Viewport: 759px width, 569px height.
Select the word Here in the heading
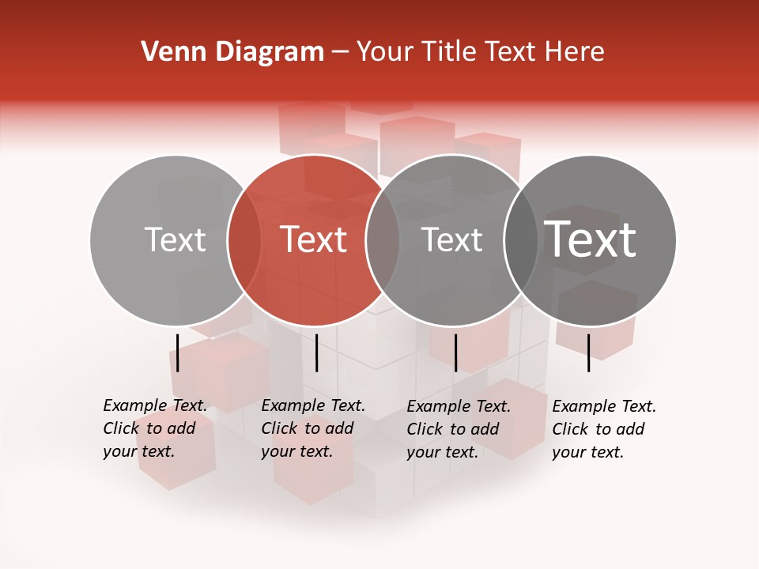[x=576, y=52]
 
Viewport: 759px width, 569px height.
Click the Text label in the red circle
[x=313, y=239]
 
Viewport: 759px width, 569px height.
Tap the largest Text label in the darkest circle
[x=590, y=239]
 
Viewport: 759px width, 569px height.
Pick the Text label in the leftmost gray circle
[x=175, y=239]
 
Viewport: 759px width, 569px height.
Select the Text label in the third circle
[x=451, y=239]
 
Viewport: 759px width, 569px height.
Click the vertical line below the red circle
[x=316, y=352]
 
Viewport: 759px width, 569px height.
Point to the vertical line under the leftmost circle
[x=178, y=352]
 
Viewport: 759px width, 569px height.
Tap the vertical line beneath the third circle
[x=455, y=352]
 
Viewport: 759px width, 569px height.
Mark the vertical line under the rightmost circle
[x=588, y=352]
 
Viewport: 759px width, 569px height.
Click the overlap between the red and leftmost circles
[x=244, y=239]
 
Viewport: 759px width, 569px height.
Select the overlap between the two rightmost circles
[x=521, y=239]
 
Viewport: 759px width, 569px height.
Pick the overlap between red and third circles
[x=383, y=239]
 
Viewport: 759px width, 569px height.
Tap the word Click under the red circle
[x=279, y=428]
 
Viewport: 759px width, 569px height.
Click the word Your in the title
[x=386, y=52]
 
